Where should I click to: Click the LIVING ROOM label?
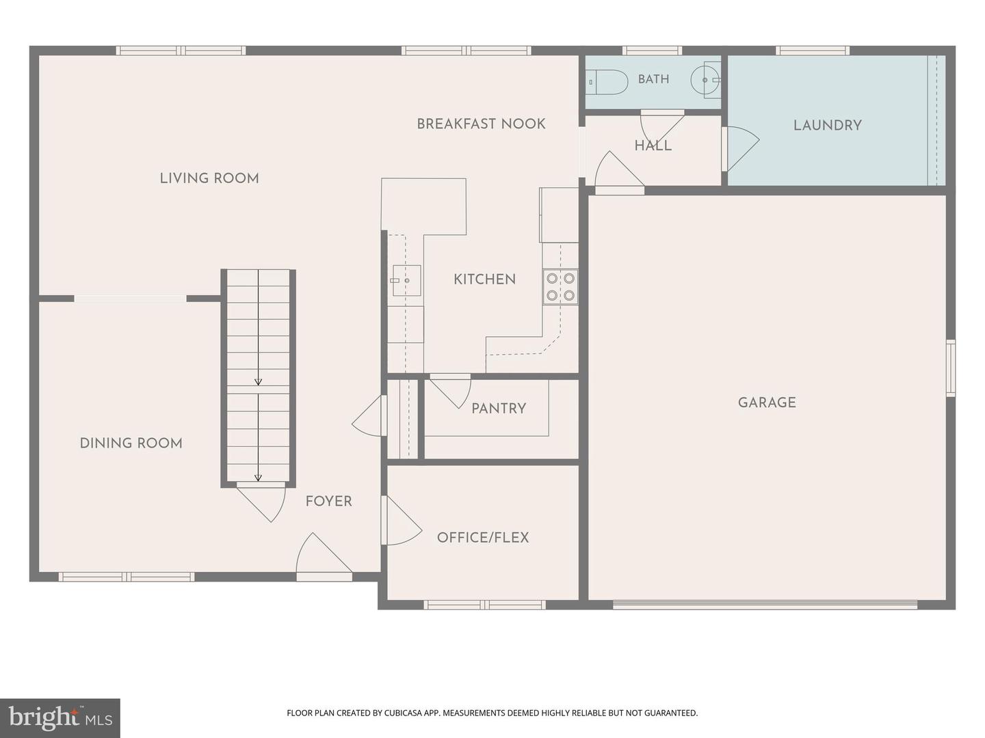click(209, 178)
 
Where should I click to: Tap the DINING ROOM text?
click(131, 443)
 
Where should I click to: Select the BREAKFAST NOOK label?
click(481, 124)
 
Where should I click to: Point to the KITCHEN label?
click(485, 279)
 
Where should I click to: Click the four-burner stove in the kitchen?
click(560, 287)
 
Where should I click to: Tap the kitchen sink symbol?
click(406, 280)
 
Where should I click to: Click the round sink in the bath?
click(705, 80)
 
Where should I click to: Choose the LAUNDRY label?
click(828, 125)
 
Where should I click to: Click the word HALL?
click(653, 146)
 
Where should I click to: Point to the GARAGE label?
click(767, 402)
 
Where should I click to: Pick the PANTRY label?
click(499, 408)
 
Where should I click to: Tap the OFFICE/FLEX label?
click(483, 537)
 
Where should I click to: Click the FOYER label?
click(329, 501)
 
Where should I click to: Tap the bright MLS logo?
click(60, 717)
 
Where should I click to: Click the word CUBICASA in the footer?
click(404, 713)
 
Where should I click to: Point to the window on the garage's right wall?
click(950, 368)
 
